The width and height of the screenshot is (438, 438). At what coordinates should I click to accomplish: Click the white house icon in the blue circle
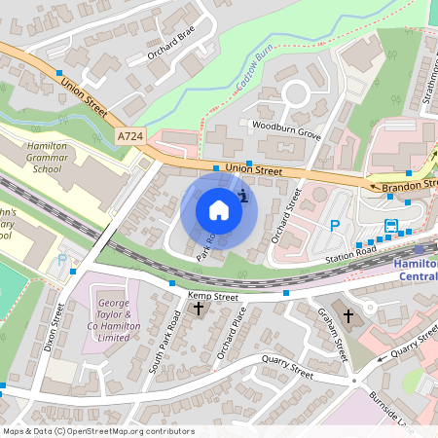coord(219,210)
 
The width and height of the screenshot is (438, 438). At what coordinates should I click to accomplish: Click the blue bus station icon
coord(391,227)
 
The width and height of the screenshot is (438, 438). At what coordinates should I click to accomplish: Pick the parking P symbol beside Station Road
coord(335,225)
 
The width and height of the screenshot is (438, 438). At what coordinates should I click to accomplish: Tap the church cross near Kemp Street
coord(199,309)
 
